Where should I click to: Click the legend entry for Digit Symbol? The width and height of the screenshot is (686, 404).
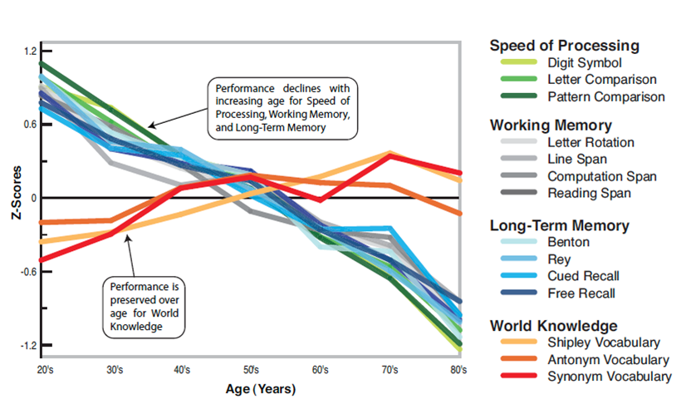584,62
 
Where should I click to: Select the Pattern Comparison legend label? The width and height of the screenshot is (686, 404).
606,96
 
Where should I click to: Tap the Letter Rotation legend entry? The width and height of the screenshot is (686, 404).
590,143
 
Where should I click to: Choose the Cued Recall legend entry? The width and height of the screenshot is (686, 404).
583,275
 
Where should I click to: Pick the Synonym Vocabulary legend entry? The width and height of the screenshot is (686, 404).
608,377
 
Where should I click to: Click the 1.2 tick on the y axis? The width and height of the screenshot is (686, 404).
31,52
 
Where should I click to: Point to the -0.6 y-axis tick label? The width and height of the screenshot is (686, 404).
29,271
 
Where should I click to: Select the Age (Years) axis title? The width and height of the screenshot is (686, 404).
259,388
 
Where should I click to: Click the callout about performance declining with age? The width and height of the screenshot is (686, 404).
282,108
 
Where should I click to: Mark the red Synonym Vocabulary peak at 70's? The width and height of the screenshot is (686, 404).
390,155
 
